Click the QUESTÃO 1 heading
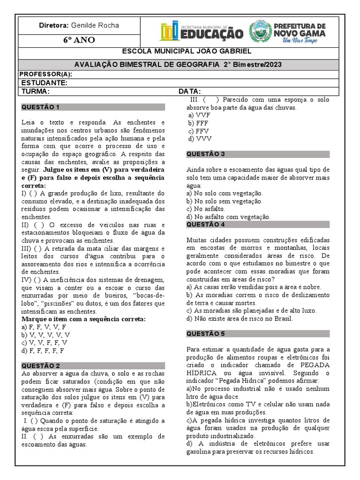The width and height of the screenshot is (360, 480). tap(41, 107)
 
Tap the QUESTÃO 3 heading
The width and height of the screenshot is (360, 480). tap(206, 154)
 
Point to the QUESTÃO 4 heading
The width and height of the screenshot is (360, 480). tap(206, 225)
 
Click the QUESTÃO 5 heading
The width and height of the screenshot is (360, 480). tap(206, 334)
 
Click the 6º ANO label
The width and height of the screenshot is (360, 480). tap(79, 40)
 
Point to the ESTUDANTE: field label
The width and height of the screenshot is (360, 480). tap(45, 83)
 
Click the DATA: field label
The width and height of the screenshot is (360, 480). tap(190, 91)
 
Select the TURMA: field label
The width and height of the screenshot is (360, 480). tap(36, 91)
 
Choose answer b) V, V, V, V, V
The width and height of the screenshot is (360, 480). tap(45, 335)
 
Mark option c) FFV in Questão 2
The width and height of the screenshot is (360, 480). tap(198, 131)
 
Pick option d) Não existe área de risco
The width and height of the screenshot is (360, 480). tap(240, 318)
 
